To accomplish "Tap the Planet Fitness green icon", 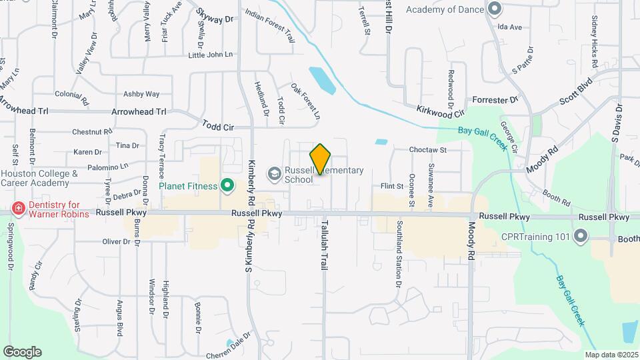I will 227,185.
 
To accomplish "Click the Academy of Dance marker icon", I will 494,9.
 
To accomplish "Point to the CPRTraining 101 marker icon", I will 580,237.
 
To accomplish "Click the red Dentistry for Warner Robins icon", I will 18,209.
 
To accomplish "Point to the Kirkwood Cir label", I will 439,111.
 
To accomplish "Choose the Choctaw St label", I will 427,151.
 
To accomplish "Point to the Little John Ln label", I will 211,55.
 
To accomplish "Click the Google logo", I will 22,352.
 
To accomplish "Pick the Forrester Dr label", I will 495,100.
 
